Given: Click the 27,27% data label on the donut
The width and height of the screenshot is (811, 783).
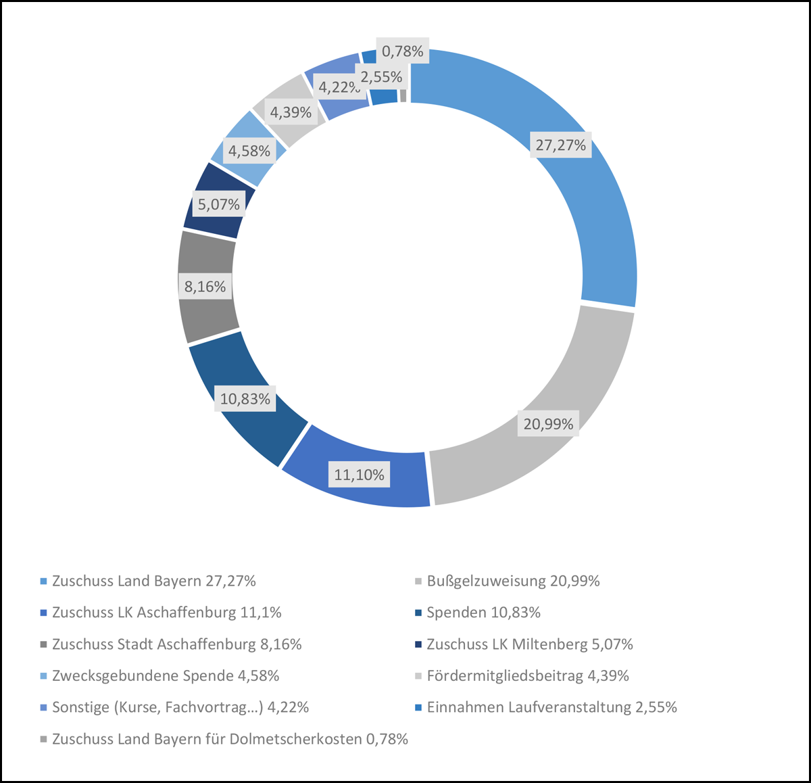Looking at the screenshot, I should [x=560, y=145].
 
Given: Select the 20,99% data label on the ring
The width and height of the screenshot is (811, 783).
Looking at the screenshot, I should [x=548, y=424].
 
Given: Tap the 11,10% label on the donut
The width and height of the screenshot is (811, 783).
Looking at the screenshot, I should [x=359, y=475].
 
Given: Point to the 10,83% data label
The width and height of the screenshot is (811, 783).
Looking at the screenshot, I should [x=245, y=399].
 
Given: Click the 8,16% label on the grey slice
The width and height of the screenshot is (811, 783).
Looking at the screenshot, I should [x=205, y=287].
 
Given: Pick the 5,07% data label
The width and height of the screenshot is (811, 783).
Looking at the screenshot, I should [x=218, y=204].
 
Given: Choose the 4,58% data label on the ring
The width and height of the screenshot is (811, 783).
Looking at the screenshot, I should [x=249, y=151].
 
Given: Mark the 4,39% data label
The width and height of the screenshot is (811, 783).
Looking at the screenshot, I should [x=291, y=112].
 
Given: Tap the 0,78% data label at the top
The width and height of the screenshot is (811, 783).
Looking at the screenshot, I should [x=402, y=51].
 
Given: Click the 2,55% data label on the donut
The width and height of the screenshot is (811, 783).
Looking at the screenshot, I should [x=381, y=77].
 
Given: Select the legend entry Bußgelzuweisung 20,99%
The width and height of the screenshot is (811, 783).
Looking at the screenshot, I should [x=513, y=581].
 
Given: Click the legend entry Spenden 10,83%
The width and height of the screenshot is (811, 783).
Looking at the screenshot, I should [x=483, y=613].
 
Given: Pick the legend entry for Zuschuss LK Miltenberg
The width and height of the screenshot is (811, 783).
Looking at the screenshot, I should [x=529, y=644].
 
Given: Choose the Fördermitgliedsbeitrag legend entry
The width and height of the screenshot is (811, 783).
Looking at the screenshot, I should [x=527, y=675].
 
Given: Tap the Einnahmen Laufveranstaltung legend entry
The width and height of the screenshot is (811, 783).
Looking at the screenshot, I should [x=551, y=707].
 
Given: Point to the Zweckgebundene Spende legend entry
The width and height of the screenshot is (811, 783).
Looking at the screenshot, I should [x=165, y=675].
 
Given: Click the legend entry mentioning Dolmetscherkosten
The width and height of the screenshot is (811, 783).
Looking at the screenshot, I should [x=230, y=739].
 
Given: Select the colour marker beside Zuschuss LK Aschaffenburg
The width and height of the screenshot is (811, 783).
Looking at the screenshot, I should [x=44, y=613].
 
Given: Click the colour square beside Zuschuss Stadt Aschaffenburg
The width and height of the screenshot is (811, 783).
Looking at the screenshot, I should [x=44, y=645].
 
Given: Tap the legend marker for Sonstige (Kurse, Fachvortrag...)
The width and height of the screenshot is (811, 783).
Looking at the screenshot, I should [x=44, y=708].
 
